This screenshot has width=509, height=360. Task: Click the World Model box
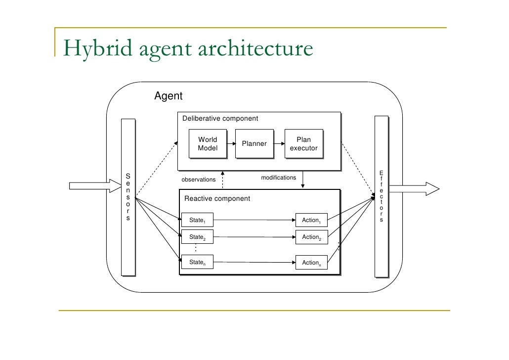coord(208,144)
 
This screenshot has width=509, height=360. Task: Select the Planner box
coord(254,144)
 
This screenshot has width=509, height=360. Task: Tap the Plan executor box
coord(303,144)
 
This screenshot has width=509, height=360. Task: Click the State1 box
coord(197,220)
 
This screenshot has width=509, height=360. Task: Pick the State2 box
coord(197,237)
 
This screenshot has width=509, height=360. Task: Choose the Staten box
coord(197,263)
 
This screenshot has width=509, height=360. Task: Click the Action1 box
coord(311,220)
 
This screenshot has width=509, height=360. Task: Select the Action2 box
coord(311,237)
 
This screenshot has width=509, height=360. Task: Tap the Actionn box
coord(311,263)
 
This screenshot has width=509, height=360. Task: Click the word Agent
coord(169,96)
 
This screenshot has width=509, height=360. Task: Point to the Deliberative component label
coord(220,119)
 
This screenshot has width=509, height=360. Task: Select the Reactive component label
coord(217,199)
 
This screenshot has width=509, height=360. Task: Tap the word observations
coord(199,180)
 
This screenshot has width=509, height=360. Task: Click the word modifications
coord(278,178)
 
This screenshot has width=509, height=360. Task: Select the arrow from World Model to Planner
coord(230,144)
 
